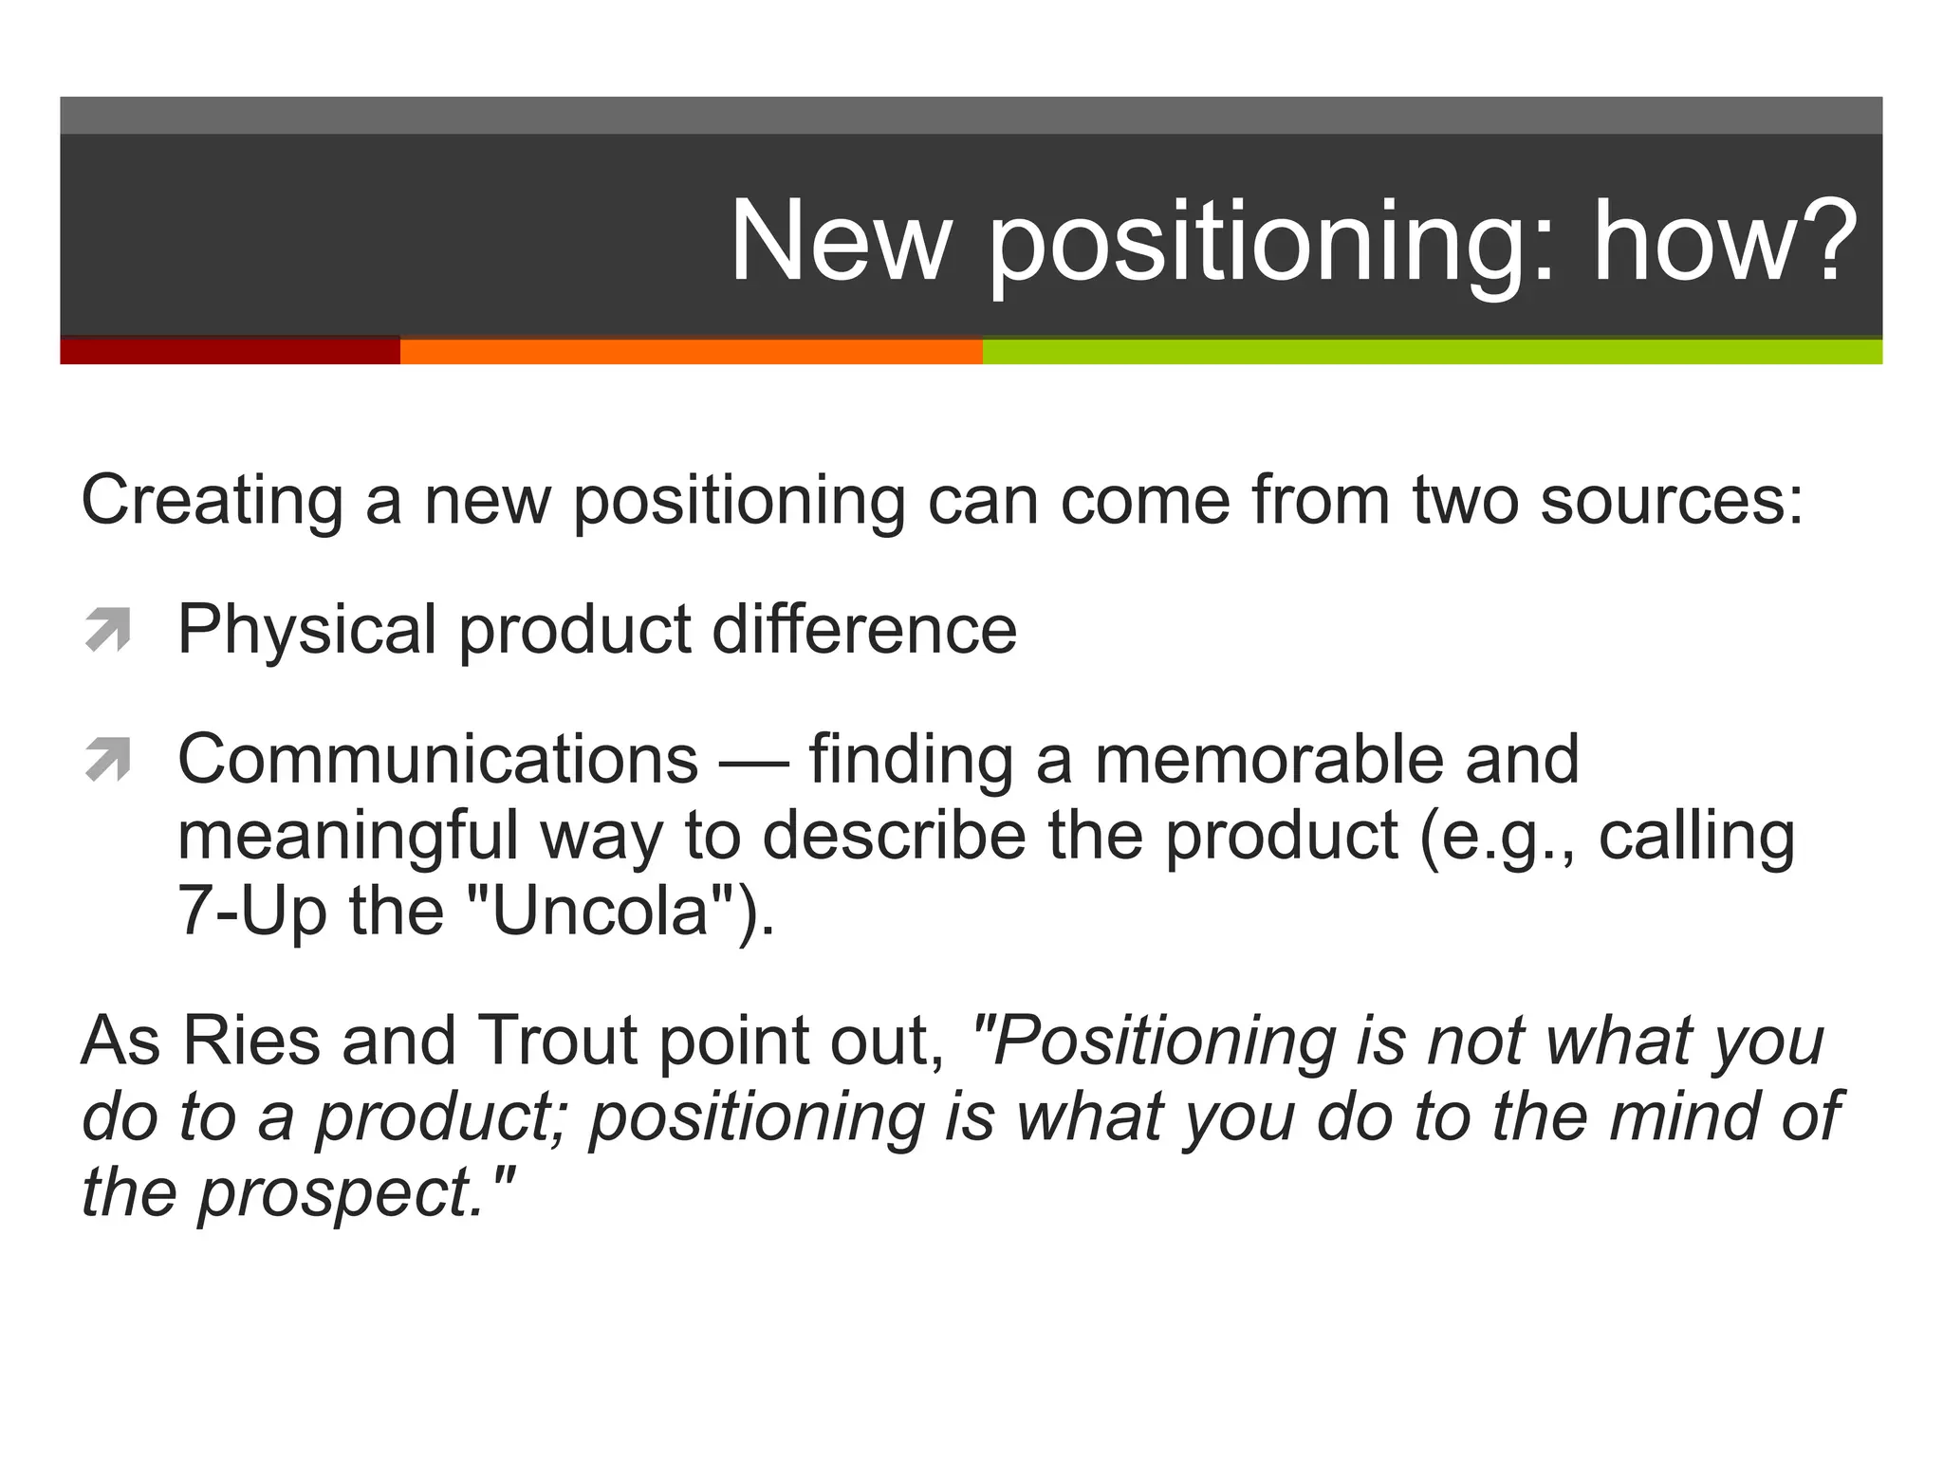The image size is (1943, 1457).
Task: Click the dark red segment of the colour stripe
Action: coord(230,351)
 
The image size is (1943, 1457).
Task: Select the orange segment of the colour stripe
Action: coord(691,351)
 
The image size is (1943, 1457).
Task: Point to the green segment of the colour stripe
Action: coord(1432,351)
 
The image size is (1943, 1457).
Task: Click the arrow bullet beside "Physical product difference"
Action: coord(107,630)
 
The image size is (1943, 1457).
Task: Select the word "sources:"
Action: coord(1672,501)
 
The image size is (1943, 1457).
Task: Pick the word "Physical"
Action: coord(306,630)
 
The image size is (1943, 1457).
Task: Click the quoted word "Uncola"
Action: coord(601,911)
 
